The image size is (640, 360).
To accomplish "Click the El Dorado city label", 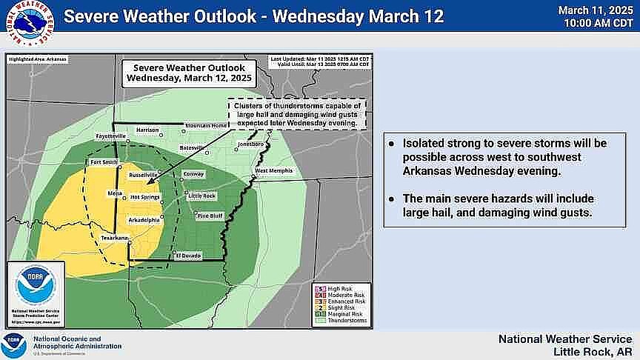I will coord(187,255).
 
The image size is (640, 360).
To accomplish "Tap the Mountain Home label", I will coord(205,125).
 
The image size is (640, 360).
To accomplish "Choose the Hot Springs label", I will coord(144,197).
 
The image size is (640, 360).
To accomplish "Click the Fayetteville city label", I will coord(110,137).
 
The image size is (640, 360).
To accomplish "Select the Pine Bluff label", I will coord(211,216).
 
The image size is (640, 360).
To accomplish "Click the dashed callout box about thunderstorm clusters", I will coord(297,114).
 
